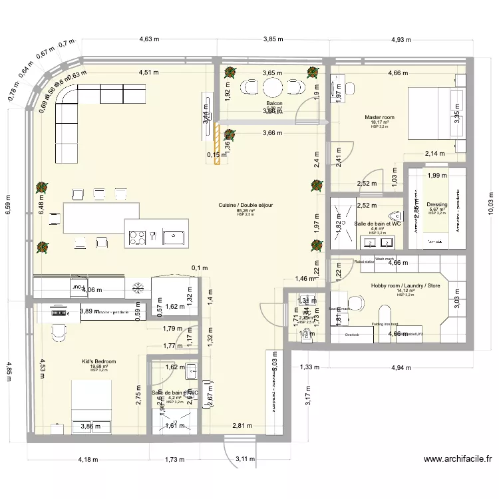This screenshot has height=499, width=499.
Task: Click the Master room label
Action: pyautogui.click(x=379, y=118)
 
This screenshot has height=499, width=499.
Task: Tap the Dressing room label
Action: pyautogui.click(x=437, y=205)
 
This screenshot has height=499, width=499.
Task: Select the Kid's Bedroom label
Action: pyautogui.click(x=98, y=361)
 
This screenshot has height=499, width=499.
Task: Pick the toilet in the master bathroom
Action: pyautogui.click(x=397, y=215)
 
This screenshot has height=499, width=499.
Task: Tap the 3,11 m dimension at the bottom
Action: pyautogui.click(x=246, y=458)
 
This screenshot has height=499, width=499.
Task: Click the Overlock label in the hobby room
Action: pyautogui.click(x=351, y=335)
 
